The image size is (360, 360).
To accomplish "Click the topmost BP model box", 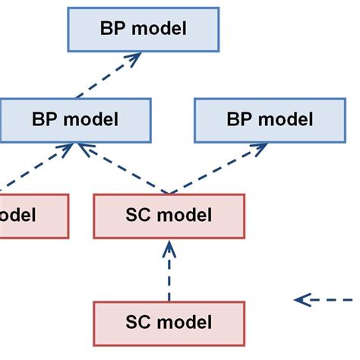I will click(x=143, y=29).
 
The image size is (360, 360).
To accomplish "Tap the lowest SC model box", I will click(x=169, y=322).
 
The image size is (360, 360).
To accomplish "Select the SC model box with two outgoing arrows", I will click(x=169, y=216).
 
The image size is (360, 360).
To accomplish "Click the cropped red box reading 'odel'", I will click(x=30, y=216).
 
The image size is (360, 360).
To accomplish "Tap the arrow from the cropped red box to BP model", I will click(x=38, y=167).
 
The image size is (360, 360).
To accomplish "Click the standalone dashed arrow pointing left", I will click(x=327, y=300).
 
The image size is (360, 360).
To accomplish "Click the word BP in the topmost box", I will click(x=113, y=29).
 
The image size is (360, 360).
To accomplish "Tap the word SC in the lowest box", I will click(x=141, y=322).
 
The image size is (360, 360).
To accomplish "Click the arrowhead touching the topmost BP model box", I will click(x=137, y=57).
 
